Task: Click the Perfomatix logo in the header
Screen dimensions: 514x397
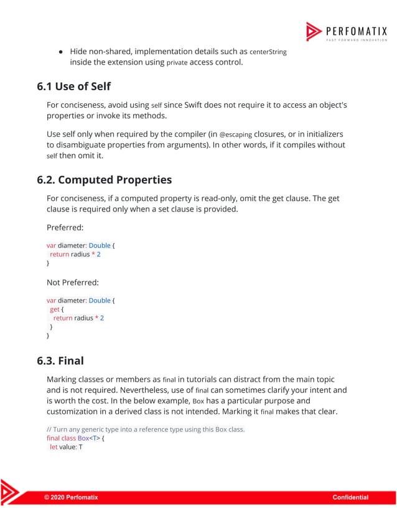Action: coord(347,32)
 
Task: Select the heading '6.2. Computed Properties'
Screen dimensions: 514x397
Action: coord(104,180)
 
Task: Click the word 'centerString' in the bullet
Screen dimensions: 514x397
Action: coord(269,52)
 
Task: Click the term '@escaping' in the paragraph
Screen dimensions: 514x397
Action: coord(238,134)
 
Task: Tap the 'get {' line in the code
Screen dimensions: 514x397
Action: coord(57,309)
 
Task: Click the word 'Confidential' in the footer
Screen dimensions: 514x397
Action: coord(350,497)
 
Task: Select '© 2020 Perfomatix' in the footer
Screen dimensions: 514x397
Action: coord(70,497)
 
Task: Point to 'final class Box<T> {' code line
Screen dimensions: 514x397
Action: coord(75,438)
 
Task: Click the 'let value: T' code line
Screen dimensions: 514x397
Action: coord(66,447)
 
